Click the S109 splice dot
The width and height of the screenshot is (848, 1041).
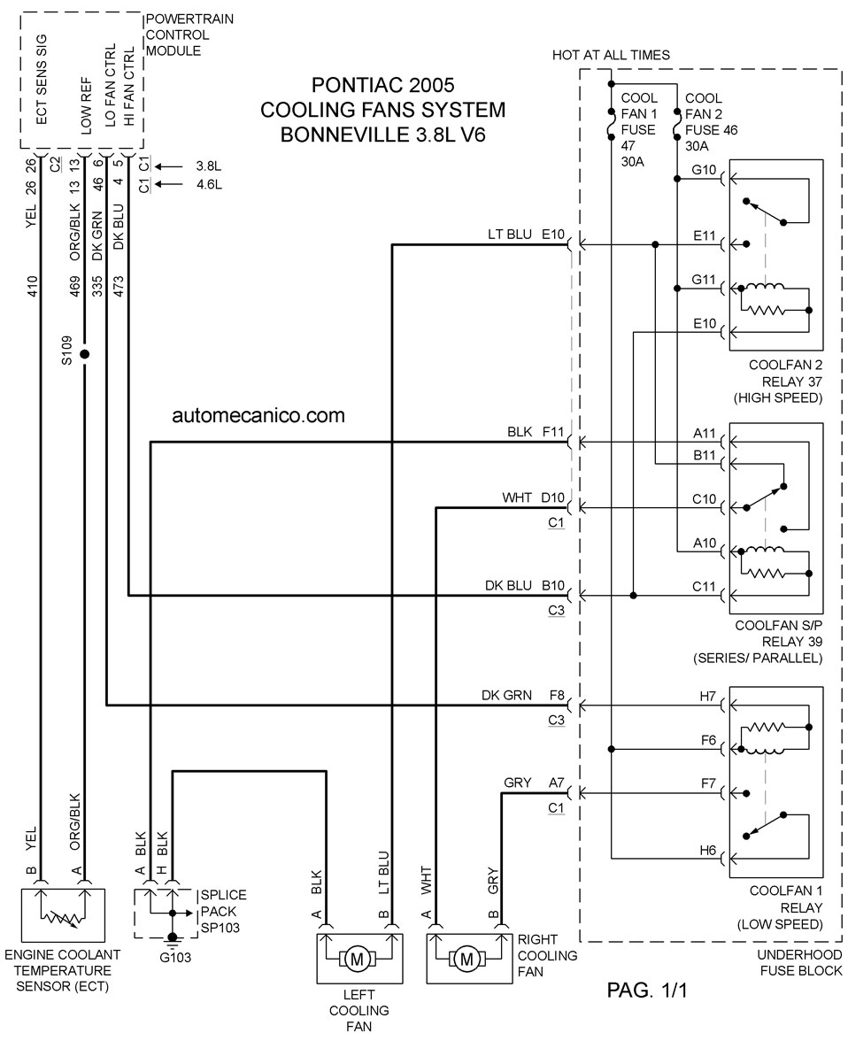(x=84, y=354)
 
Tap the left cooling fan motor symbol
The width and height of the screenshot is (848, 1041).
(x=358, y=959)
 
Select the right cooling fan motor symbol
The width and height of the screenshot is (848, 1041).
(x=466, y=959)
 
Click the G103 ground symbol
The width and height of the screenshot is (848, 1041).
(x=173, y=938)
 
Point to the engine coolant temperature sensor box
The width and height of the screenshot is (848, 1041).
(x=63, y=915)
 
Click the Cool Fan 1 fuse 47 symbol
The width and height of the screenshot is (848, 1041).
(x=611, y=124)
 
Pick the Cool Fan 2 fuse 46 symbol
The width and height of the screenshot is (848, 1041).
(x=676, y=124)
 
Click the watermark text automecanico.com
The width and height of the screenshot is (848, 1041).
(x=258, y=416)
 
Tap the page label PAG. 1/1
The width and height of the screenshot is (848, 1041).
(x=647, y=990)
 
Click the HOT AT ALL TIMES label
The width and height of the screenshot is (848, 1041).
(x=611, y=55)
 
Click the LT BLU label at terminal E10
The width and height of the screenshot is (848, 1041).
(x=510, y=235)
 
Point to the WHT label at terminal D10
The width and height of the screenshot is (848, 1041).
(x=517, y=497)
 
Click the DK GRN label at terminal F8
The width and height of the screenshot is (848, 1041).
(x=506, y=695)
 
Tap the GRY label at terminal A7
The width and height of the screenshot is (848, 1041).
(x=518, y=783)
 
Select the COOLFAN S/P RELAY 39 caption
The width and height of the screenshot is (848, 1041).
(x=778, y=634)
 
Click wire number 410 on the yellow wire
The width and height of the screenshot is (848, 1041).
(x=32, y=286)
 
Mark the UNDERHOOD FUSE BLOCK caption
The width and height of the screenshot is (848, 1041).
(x=799, y=963)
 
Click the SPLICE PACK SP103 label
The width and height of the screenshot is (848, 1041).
(x=223, y=912)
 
